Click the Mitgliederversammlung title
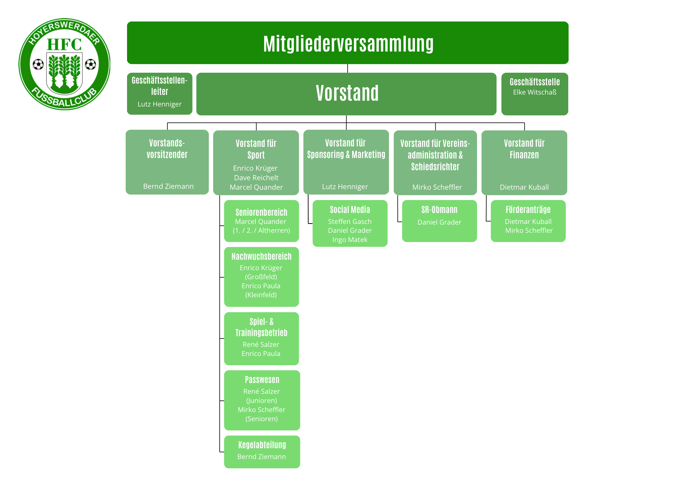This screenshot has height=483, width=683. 348,44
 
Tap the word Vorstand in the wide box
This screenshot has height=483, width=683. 347,93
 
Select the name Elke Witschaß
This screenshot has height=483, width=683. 535,92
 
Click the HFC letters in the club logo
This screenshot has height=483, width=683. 64,44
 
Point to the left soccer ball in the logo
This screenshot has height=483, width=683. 38,64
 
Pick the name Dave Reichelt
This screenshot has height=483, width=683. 256,177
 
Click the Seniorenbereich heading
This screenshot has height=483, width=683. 261,212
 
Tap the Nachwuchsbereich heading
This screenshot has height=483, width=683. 261,256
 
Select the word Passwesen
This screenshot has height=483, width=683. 262,380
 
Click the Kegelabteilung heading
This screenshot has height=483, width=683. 262,445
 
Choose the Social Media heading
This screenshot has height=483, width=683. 350,210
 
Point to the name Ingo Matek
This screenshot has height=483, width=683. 350,240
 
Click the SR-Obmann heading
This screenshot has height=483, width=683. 439,210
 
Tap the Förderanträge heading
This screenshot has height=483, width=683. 528,210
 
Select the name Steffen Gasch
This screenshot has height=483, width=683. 350,222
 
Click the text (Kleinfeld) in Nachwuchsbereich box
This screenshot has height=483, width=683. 261,295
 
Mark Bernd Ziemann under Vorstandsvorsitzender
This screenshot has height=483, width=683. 168,186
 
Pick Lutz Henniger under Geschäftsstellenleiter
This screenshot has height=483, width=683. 159,104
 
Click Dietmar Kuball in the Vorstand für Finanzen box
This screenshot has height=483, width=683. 524,187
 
